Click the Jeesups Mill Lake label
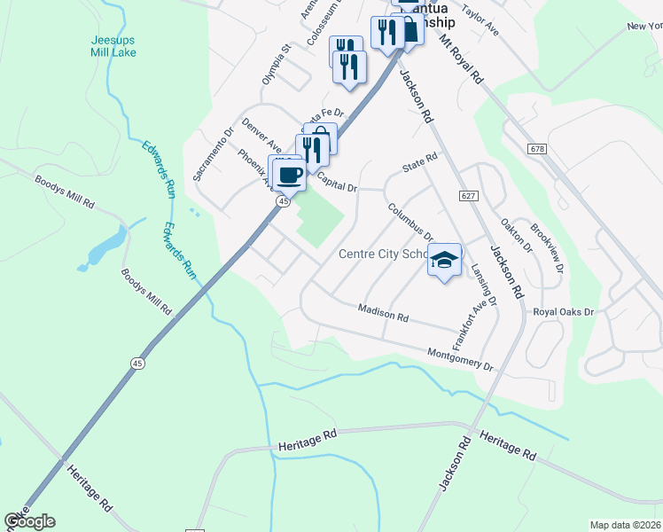point(114,46)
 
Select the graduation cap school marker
point(445,261)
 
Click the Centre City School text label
point(384,254)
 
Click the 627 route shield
point(468,194)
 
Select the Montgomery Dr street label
point(459,358)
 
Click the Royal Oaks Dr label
point(563,312)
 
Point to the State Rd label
point(420,159)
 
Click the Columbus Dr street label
point(408,223)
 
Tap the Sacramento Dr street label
point(213,153)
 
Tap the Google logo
point(29,521)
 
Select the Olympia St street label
point(276,65)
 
